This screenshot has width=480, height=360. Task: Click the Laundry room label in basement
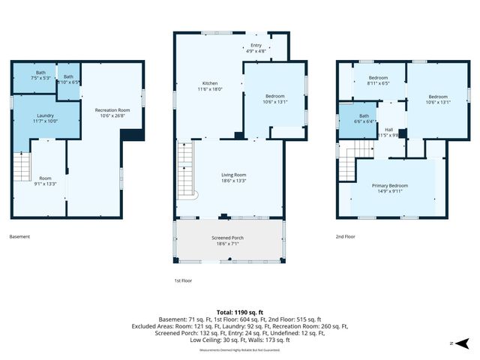pos(45,116)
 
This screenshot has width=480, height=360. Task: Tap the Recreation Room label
pos(112,112)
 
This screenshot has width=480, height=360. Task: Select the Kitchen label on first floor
pos(210,86)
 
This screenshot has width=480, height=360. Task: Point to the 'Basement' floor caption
pos(19,237)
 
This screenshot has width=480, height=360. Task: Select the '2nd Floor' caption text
pos(346,237)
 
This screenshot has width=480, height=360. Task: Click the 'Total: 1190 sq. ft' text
pos(240,312)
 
